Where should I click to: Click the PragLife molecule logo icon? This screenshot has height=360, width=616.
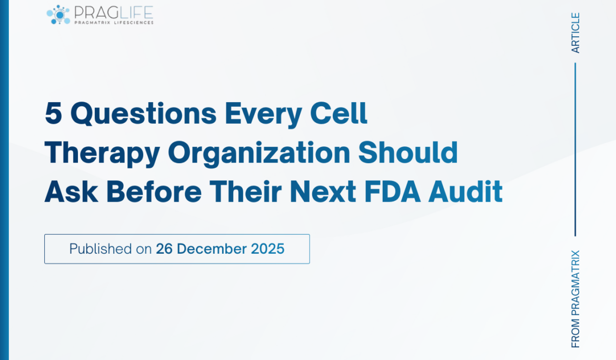[58, 15]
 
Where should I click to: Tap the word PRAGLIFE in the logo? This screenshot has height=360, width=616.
[113, 12]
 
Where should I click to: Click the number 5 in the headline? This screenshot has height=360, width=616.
[53, 114]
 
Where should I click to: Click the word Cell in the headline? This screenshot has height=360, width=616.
[339, 114]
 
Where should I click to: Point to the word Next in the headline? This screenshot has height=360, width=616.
[323, 192]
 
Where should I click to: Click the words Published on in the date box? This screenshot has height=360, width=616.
[111, 249]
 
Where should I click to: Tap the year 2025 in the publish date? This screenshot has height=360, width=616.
[267, 249]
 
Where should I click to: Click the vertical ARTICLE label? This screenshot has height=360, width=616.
[575, 33]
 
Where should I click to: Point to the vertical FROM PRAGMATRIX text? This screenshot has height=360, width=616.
[575, 298]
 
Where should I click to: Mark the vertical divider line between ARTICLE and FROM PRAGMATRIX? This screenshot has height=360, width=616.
[575, 149]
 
